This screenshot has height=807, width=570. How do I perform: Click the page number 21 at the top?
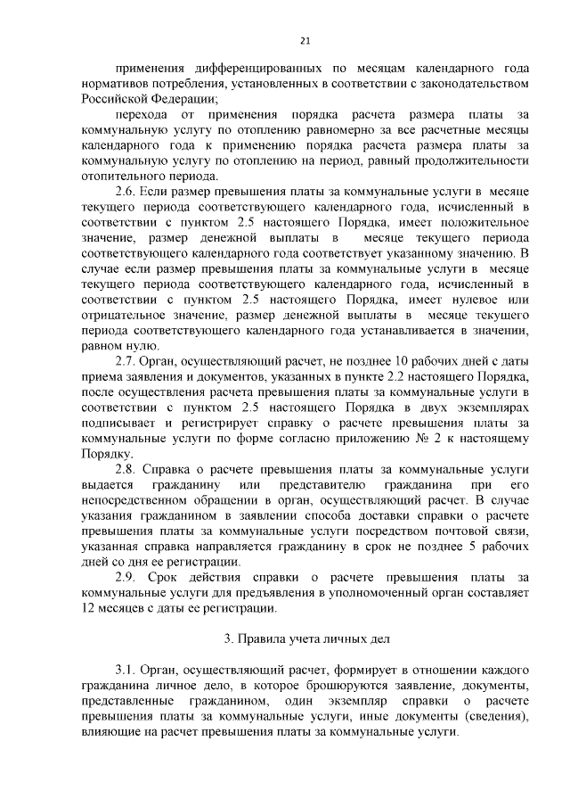pos(304,40)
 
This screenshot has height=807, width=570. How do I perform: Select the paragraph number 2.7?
pos(126,362)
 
